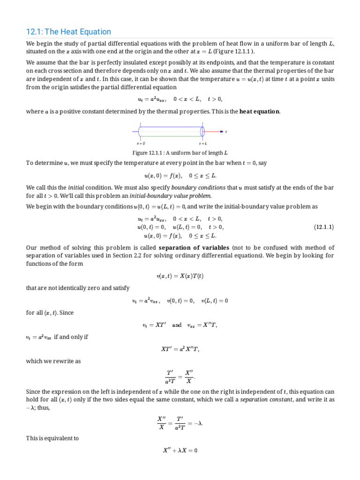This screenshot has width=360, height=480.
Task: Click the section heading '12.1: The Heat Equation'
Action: (x=68, y=32)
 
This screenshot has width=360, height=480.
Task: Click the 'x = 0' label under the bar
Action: (x=141, y=143)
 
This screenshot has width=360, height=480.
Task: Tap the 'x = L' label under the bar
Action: (x=202, y=143)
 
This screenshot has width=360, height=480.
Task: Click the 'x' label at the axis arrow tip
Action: (x=226, y=132)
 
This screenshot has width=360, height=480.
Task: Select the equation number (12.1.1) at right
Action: (x=323, y=227)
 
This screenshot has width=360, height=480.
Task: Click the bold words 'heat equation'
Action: (x=260, y=111)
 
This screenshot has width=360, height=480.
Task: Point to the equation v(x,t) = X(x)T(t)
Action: (x=180, y=276)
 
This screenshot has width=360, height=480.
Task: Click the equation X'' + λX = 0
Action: (x=180, y=451)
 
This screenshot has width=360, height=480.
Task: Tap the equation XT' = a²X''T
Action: (x=180, y=349)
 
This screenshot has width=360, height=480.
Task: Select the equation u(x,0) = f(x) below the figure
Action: (x=180, y=176)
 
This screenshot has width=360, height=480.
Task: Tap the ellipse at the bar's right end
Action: (x=202, y=132)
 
